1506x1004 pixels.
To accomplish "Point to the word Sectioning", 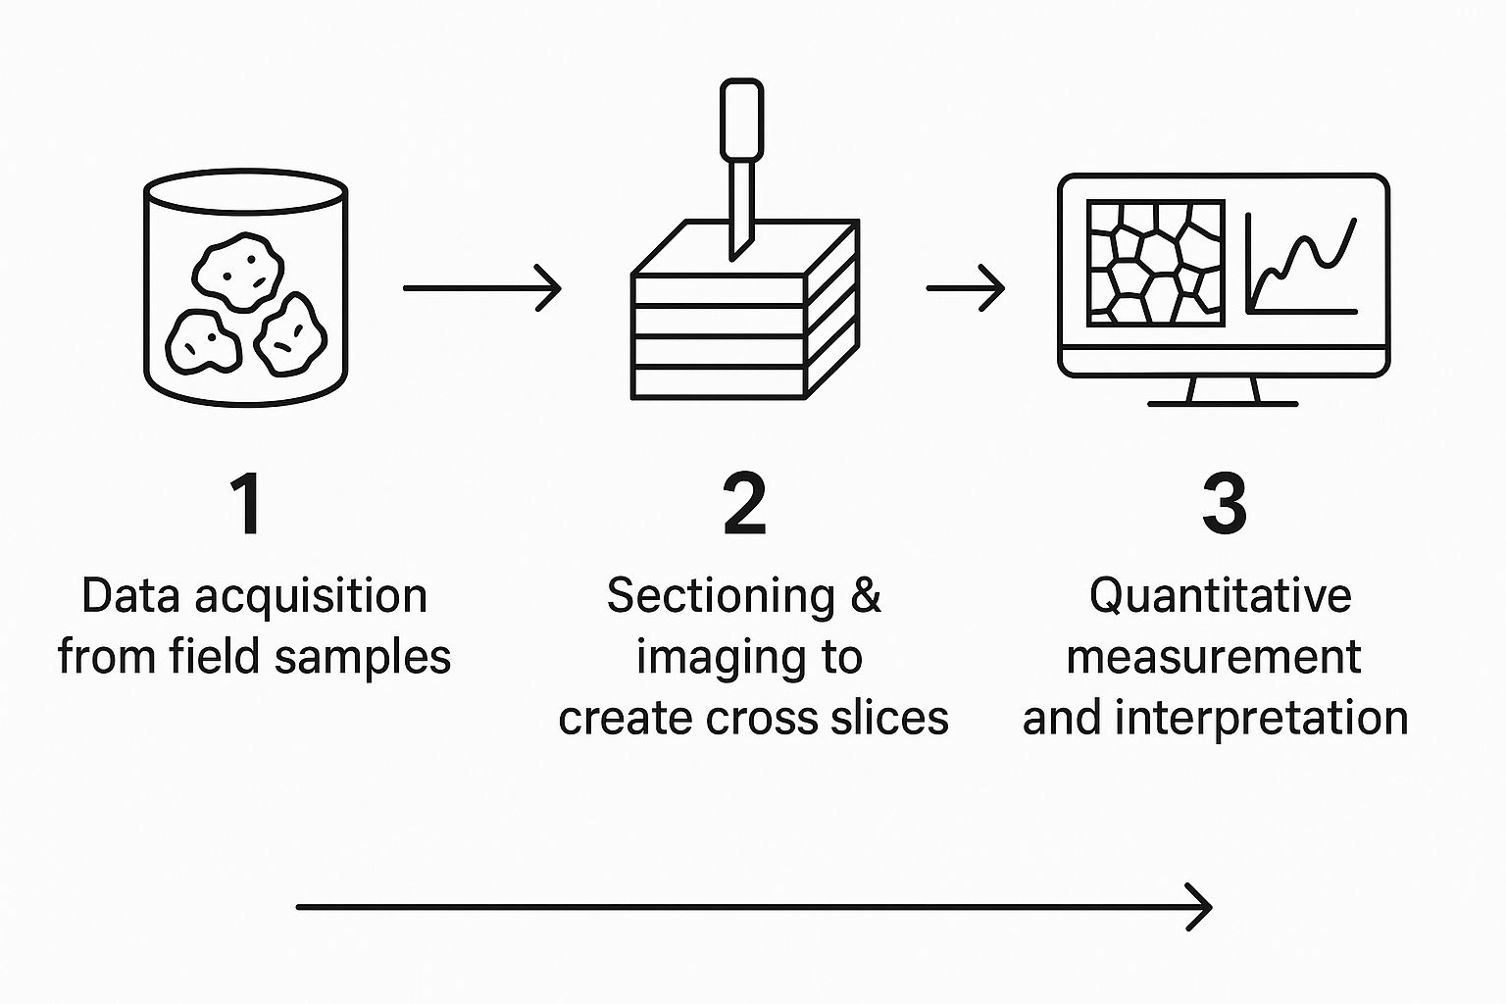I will click(x=721, y=597).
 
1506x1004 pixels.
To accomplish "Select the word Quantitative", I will click(x=1220, y=596).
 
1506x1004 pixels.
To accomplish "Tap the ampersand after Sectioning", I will click(x=866, y=596).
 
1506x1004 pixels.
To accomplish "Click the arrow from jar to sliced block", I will click(x=481, y=288).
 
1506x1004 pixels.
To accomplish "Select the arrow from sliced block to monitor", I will click(x=966, y=288).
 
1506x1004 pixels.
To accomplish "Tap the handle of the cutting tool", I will click(x=741, y=120).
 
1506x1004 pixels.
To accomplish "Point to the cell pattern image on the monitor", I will click(x=1156, y=263).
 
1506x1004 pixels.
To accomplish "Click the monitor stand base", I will click(x=1223, y=402).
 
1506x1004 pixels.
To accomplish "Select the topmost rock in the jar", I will click(x=238, y=269).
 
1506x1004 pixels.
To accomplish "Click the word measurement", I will click(x=1213, y=657).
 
